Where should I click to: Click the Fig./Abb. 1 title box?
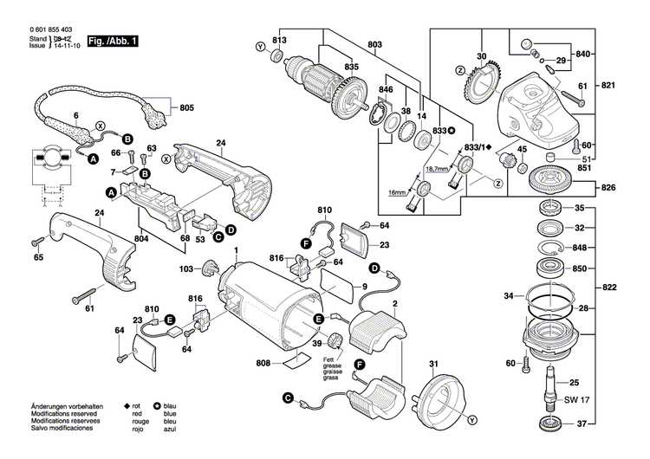(x=114, y=41)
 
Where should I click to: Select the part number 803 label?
(x=374, y=44)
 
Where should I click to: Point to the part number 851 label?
(x=584, y=169)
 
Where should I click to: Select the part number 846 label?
(x=386, y=90)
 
